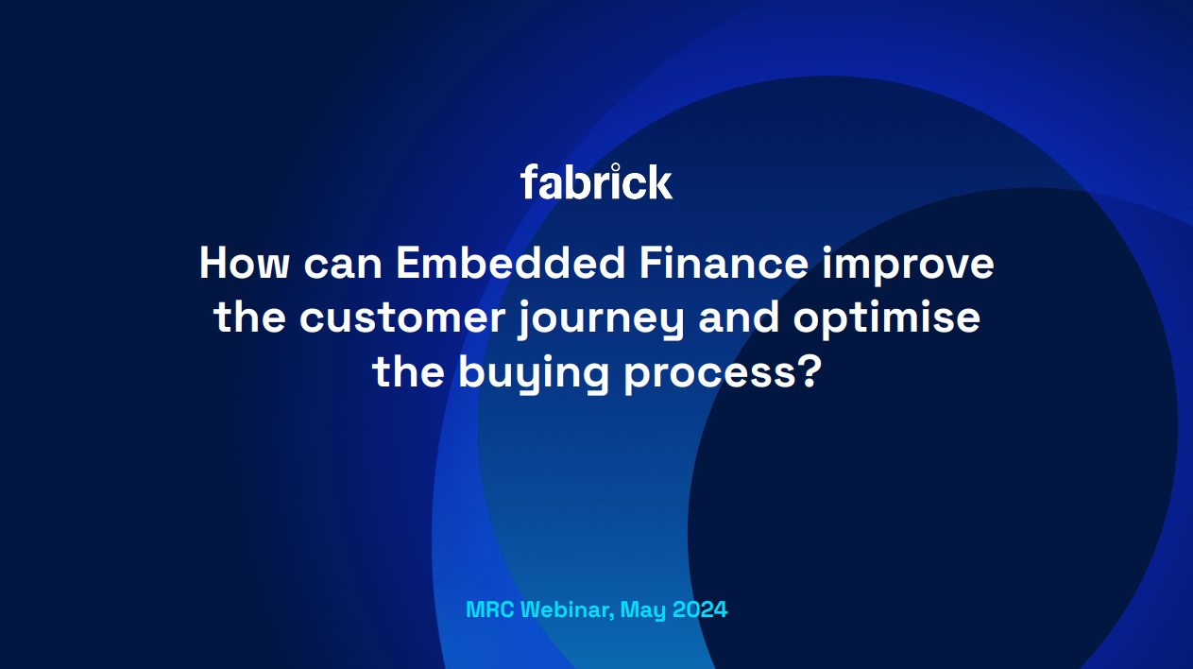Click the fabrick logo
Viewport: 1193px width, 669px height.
click(x=596, y=181)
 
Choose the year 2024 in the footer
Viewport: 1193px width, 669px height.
click(x=701, y=609)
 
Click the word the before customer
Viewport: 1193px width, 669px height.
click(x=250, y=318)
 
